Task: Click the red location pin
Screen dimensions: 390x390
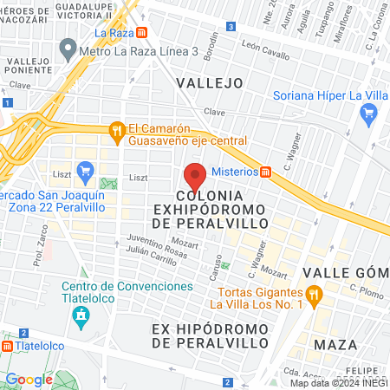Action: pyautogui.click(x=195, y=176)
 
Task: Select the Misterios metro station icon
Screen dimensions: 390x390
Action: pyautogui.click(x=266, y=171)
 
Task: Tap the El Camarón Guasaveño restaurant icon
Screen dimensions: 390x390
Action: pyautogui.click(x=117, y=132)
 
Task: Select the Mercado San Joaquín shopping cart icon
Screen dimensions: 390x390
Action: pyautogui.click(x=85, y=172)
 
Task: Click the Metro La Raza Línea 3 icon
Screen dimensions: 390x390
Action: pyautogui.click(x=67, y=50)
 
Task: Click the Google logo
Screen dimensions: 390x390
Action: pyautogui.click(x=29, y=379)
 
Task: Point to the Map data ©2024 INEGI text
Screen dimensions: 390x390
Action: pyautogui.click(x=339, y=383)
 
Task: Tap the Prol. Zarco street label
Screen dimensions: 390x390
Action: pyautogui.click(x=39, y=250)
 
